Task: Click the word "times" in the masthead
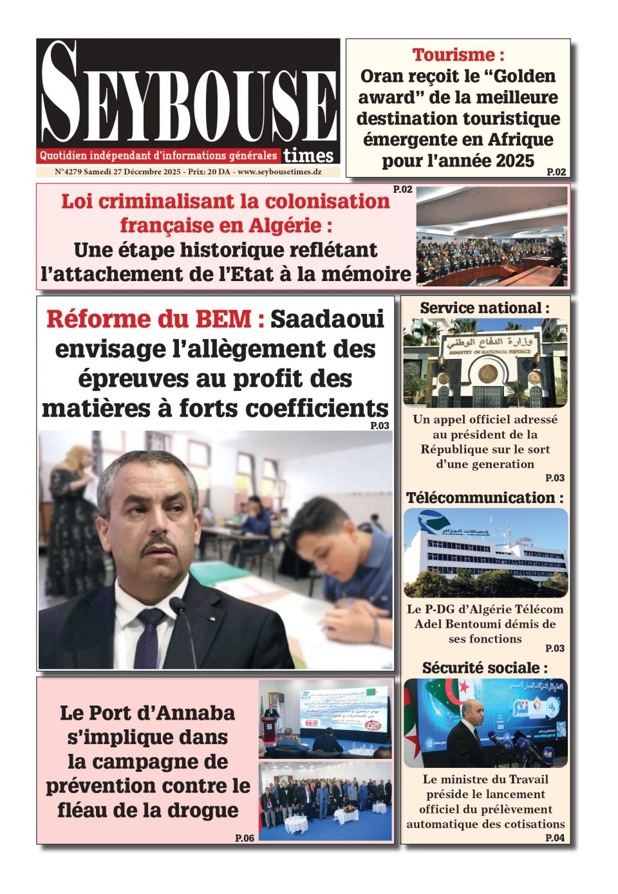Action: pyautogui.click(x=308, y=156)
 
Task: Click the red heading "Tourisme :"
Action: pyautogui.click(x=458, y=55)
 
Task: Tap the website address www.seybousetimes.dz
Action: pyautogui.click(x=279, y=172)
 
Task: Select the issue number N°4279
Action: pyautogui.click(x=68, y=172)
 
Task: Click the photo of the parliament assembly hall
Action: pyautogui.click(x=492, y=237)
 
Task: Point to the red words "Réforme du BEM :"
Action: pyautogui.click(x=155, y=319)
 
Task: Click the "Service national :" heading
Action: pyautogui.click(x=485, y=308)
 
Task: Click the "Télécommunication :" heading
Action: pyautogui.click(x=485, y=498)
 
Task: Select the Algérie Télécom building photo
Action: pyautogui.click(x=485, y=553)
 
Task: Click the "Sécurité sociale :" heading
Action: pyautogui.click(x=485, y=668)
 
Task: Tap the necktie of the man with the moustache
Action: pyautogui.click(x=150, y=637)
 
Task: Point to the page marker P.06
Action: pyautogui.click(x=245, y=838)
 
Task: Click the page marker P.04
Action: pyautogui.click(x=554, y=837)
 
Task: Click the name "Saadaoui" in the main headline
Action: pyautogui.click(x=327, y=319)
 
